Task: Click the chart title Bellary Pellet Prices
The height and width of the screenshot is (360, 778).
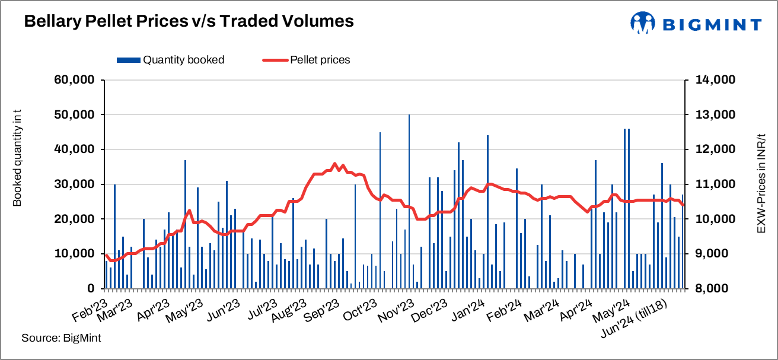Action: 189,21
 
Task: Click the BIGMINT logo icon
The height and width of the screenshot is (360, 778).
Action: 642,23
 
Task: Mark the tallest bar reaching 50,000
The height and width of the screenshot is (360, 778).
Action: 409,202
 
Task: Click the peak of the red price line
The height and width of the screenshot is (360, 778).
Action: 334,164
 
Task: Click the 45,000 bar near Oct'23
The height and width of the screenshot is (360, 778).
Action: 380,211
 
